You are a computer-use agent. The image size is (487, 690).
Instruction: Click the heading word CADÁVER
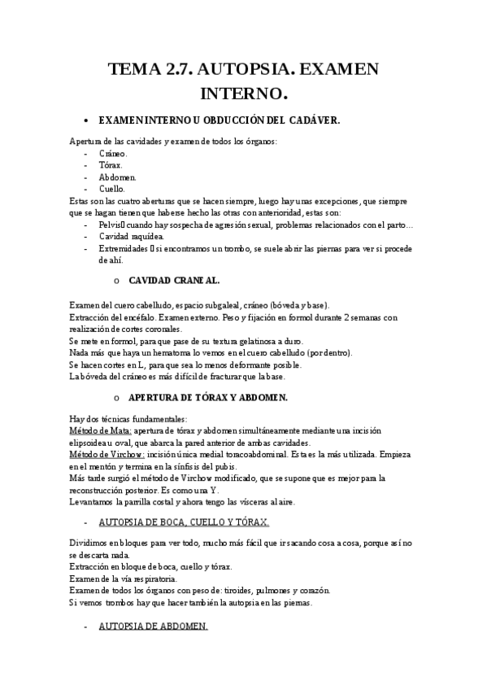313,120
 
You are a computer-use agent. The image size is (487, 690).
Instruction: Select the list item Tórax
111,164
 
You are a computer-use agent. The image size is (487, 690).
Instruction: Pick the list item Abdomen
118,177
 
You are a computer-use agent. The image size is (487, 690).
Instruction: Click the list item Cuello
112,188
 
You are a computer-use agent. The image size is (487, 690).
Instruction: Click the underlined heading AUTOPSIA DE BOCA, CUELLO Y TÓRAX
183,521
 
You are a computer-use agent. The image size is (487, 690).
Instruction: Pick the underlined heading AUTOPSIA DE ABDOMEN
153,627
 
